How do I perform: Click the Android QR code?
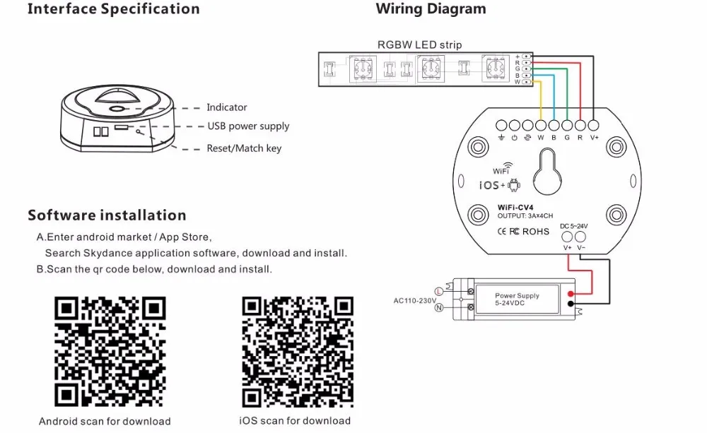point(110,352)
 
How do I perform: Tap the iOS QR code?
point(298,352)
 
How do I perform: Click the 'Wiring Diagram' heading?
point(431,9)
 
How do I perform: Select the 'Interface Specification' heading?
point(114,9)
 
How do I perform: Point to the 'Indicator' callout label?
point(227,107)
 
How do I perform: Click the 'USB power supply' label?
point(248,126)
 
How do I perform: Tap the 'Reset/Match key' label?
point(244,148)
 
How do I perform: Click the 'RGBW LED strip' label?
point(419,45)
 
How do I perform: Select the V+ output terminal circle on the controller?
point(594,125)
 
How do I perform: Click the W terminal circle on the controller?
point(541,125)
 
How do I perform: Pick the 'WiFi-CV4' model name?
point(515,208)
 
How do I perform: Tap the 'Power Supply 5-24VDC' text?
point(517,299)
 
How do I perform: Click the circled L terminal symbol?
point(439,292)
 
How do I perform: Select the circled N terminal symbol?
point(439,308)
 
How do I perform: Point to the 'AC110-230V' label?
point(415,300)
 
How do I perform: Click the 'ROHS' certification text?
point(536,232)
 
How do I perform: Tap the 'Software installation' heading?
point(107,215)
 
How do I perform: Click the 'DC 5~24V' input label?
point(573,226)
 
